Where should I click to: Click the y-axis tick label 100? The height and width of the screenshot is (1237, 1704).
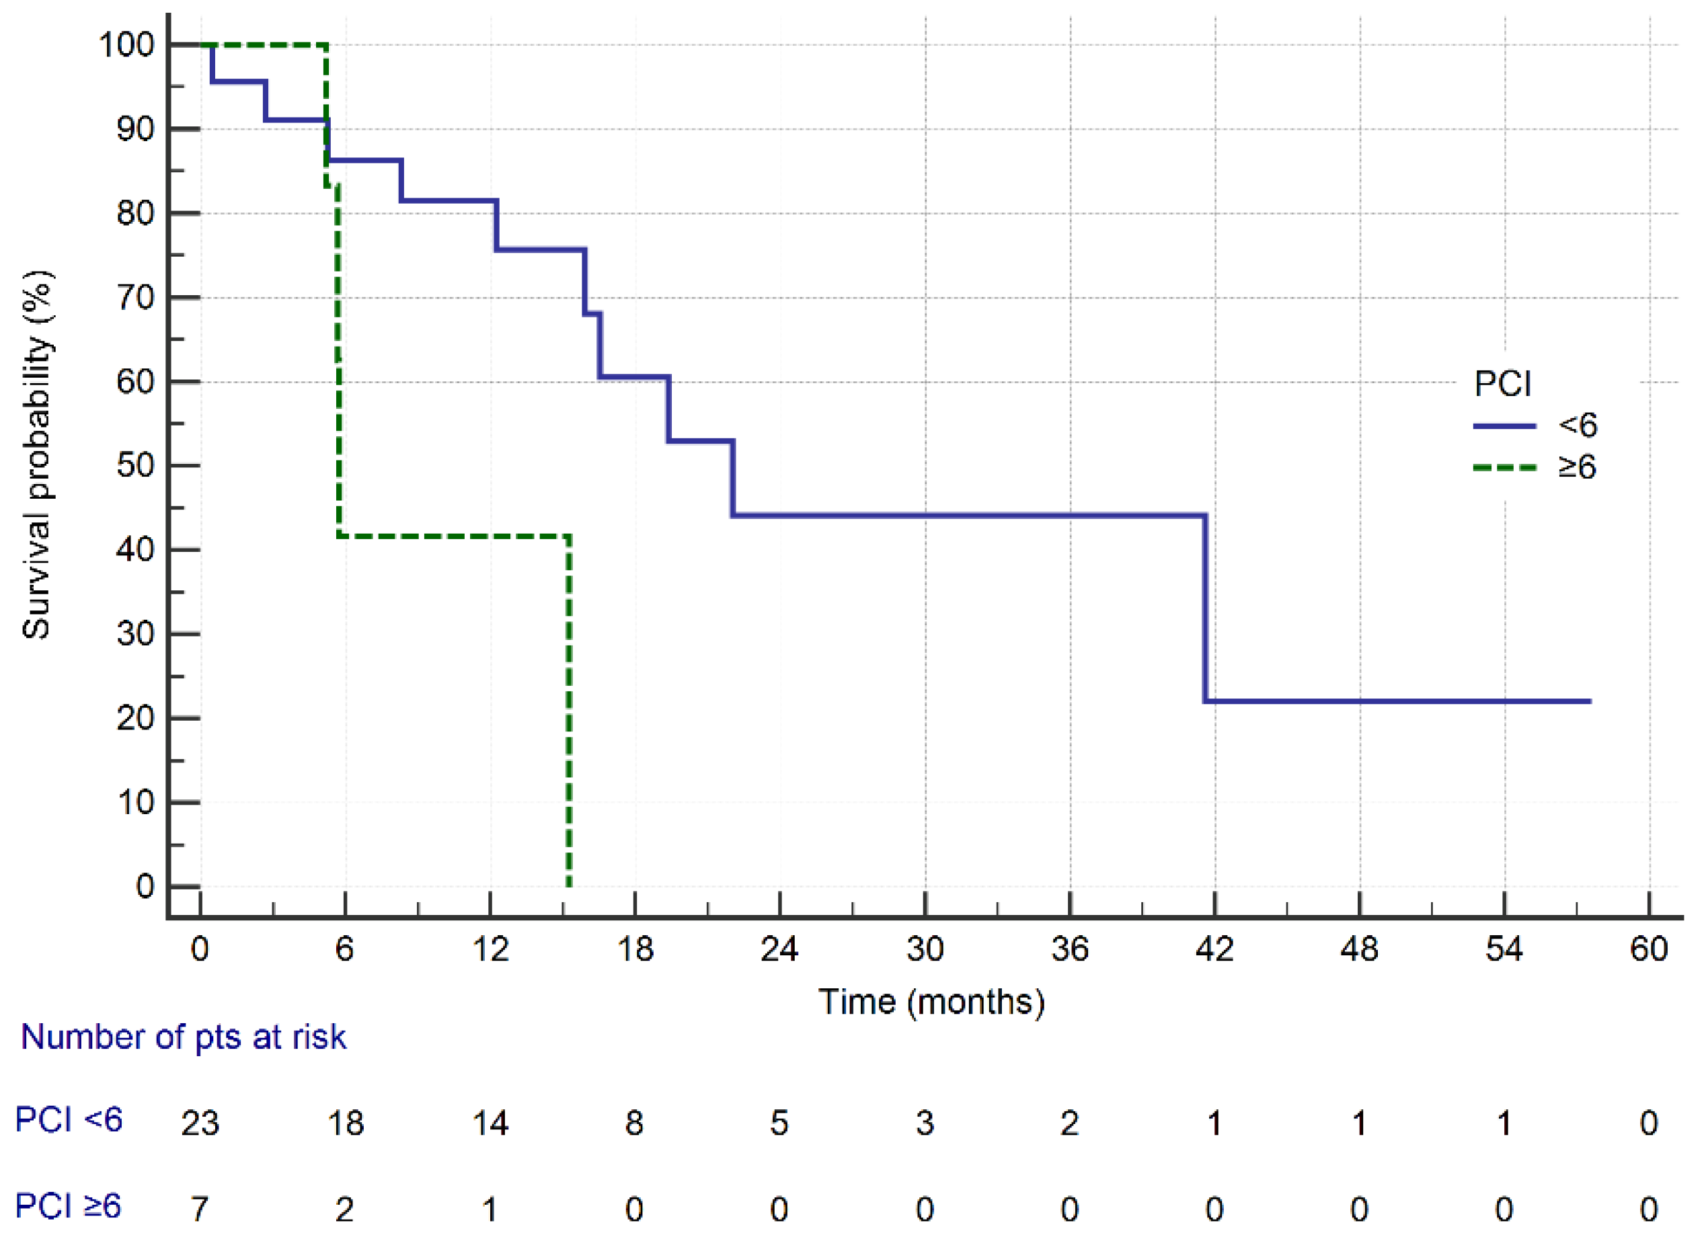click(x=126, y=45)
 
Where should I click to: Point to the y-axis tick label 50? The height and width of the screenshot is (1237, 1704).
click(x=135, y=466)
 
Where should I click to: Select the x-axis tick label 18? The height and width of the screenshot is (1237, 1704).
click(x=635, y=949)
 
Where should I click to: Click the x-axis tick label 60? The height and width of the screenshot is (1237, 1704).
click(x=1648, y=949)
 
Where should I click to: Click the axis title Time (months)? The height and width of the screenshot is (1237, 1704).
click(x=931, y=1002)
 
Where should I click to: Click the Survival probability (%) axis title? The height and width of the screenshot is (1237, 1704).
click(x=36, y=455)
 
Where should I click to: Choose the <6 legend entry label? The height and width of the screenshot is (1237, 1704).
click(x=1577, y=425)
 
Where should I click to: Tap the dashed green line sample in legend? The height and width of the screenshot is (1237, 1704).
click(x=1504, y=468)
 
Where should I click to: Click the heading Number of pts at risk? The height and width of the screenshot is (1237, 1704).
click(x=184, y=1037)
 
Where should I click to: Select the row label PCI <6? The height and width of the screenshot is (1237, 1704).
click(x=69, y=1120)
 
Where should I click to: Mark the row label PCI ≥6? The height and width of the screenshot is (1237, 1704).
click(x=69, y=1206)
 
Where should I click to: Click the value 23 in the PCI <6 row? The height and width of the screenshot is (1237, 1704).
click(x=200, y=1123)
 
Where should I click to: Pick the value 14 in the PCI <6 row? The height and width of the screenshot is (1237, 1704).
click(x=490, y=1123)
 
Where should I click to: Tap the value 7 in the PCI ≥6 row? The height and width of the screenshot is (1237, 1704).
click(x=200, y=1209)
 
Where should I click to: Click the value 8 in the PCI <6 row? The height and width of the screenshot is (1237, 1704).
click(x=634, y=1123)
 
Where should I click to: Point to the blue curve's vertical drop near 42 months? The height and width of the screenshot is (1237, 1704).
click(x=1205, y=608)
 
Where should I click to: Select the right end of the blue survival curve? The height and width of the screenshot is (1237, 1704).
click(x=1589, y=701)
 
